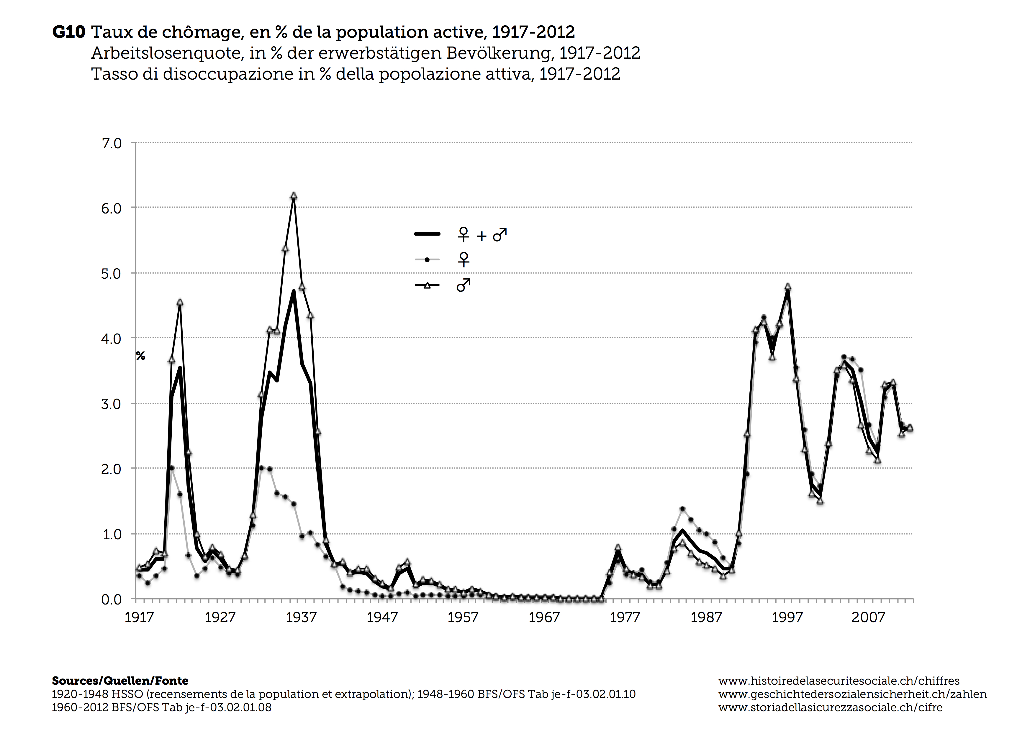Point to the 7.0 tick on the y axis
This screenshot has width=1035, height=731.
tap(111, 144)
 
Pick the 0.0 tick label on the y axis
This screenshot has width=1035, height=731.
tap(111, 599)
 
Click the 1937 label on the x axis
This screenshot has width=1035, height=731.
tap(301, 617)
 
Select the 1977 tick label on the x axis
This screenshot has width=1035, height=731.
tap(625, 617)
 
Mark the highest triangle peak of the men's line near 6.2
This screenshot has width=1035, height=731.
tap(294, 196)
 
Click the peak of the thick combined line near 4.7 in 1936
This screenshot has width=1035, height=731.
tap(294, 291)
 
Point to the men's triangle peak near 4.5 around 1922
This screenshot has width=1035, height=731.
tap(180, 302)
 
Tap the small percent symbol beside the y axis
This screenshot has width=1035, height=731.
tap(141, 356)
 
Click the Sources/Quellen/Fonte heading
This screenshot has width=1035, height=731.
tap(120, 681)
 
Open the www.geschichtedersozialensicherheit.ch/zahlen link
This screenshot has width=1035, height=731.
tap(852, 694)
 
